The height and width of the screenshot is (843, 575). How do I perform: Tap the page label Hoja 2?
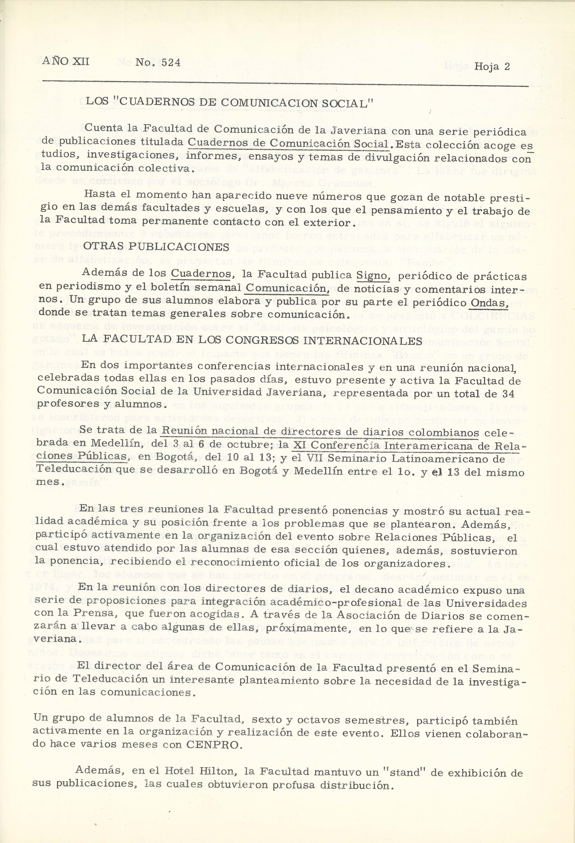point(492,66)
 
